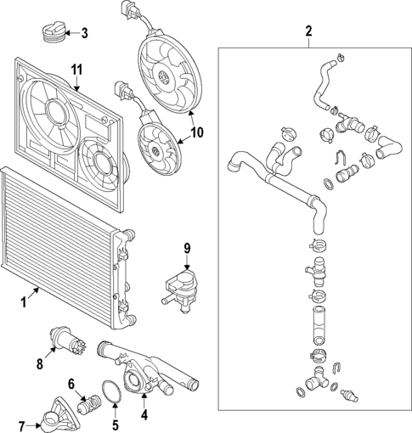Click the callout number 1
coord(24,300)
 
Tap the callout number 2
coord(308,32)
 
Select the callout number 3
coord(83,33)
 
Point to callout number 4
coord(144,416)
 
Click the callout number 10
coord(198,132)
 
